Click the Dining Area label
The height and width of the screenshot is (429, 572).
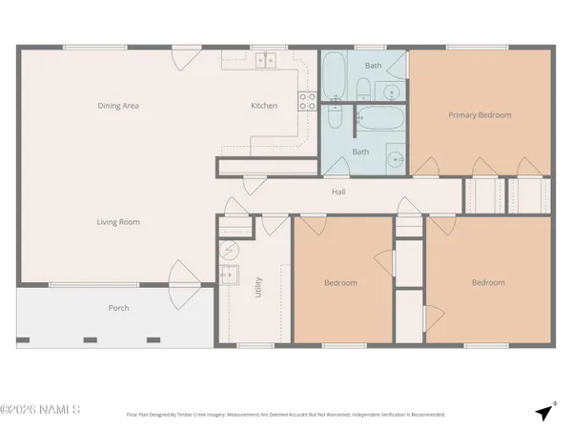pos(118,106)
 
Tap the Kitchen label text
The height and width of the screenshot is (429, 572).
pos(264,106)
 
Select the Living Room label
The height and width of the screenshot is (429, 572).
pos(118,222)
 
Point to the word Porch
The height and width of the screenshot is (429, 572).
pos(118,308)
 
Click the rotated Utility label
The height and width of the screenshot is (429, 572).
pos(258,288)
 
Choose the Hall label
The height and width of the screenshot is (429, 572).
pos(338,192)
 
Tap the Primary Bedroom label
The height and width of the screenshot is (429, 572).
pos(480,115)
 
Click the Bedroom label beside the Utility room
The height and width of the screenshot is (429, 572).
pos(340,283)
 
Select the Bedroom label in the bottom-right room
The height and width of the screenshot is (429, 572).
pos(487,282)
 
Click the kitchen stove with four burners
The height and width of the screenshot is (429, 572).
pos(307,101)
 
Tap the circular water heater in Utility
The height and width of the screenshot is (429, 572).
pos(228,253)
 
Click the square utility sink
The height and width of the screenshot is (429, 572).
pos(228,276)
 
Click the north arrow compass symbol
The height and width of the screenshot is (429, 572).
pos(544,412)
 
